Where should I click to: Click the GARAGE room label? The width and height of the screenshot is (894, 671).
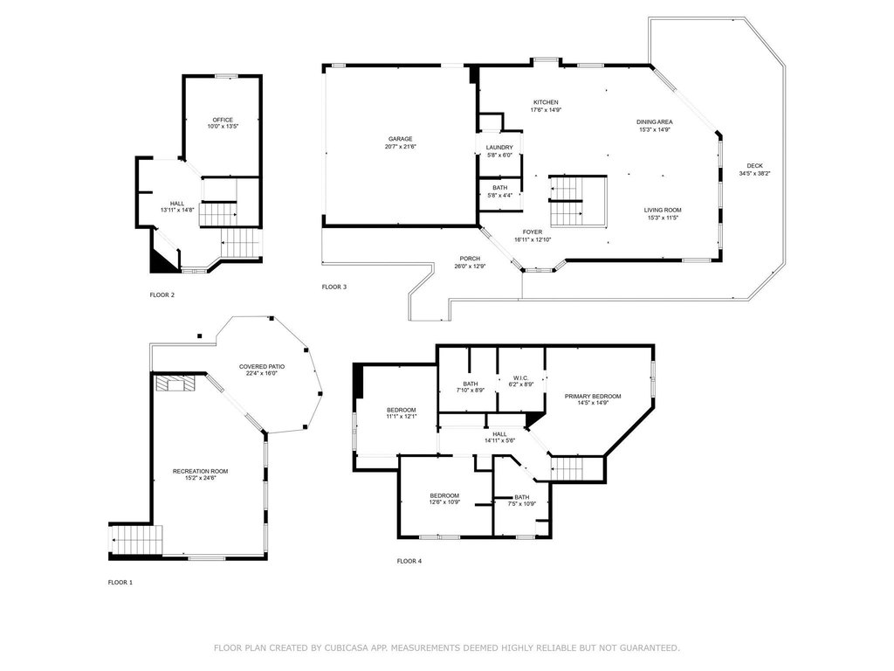tap(400, 139)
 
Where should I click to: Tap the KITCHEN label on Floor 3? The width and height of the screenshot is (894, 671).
tap(546, 102)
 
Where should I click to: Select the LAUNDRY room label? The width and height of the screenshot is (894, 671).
tap(499, 147)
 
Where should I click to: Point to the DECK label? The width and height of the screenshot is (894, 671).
tap(754, 165)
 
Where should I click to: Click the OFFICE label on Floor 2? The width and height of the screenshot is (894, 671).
tap(223, 120)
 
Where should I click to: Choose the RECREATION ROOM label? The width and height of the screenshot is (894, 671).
tap(200, 471)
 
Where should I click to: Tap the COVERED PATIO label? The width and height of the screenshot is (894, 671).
tap(262, 366)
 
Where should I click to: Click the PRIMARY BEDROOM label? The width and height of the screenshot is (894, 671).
tap(593, 396)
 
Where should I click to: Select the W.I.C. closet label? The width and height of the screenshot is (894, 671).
tap(520, 377)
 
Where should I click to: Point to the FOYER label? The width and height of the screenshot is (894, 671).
tap(533, 232)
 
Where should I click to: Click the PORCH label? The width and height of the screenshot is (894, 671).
tap(470, 259)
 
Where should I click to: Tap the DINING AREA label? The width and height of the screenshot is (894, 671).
tap(655, 121)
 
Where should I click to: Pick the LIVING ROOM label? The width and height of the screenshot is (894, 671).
tap(663, 210)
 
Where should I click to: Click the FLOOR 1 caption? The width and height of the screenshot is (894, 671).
tap(120, 583)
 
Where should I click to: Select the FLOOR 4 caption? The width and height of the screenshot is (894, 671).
tap(409, 561)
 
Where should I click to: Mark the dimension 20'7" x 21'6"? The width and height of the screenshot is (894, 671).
tap(400, 146)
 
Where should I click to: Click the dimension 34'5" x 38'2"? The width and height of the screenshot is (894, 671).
tap(754, 173)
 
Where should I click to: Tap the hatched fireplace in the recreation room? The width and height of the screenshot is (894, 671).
tap(175, 384)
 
